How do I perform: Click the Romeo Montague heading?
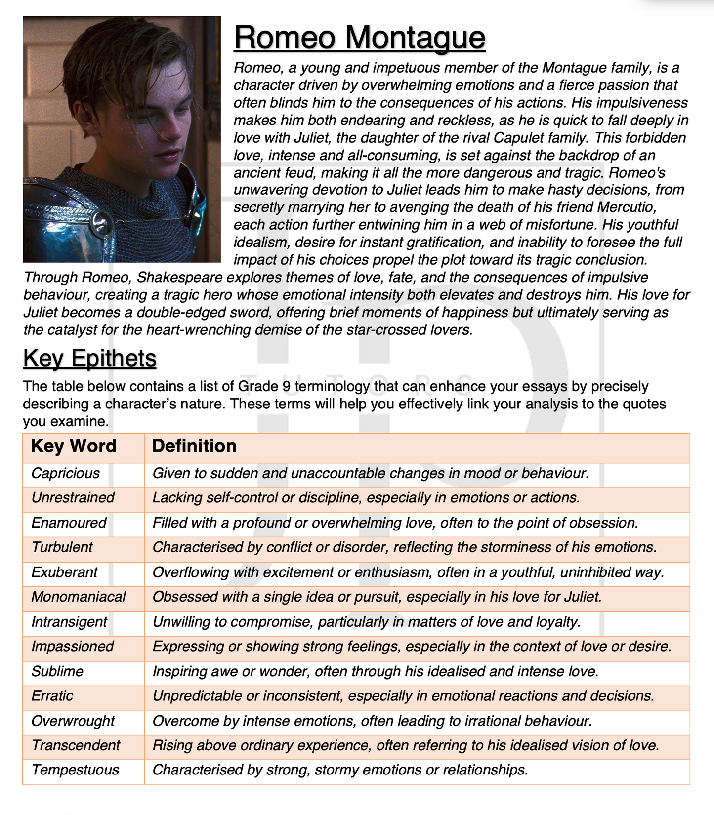359,38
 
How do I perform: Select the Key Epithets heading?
89,358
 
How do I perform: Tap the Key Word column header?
74,446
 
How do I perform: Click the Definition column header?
194,446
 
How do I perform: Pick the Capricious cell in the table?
65,473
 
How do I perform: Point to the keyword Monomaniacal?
79,597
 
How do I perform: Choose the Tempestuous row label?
75,770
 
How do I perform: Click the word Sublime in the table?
57,671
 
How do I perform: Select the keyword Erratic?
52,696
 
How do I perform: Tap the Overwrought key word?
73,721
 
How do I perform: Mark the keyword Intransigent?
69,621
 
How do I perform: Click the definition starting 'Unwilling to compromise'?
366,621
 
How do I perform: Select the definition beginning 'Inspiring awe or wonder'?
376,671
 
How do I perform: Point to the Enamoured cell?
69,523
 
